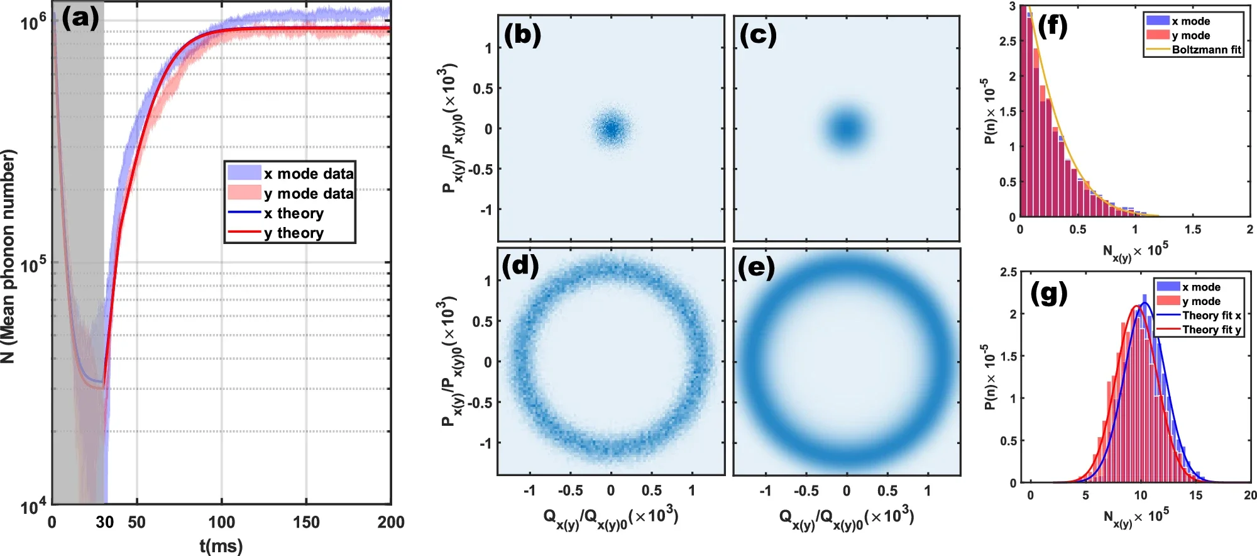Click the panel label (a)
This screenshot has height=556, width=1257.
[x=80, y=19]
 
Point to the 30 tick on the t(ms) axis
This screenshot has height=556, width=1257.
[x=104, y=522]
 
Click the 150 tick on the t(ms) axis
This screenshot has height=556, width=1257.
[x=306, y=522]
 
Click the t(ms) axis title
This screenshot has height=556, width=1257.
[x=221, y=545]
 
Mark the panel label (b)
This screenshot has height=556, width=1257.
[x=522, y=35]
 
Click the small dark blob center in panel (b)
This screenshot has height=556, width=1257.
[x=611, y=128]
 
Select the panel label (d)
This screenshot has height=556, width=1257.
[x=520, y=267]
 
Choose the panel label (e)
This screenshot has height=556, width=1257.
[x=756, y=267]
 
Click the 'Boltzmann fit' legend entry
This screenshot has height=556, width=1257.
[x=1206, y=50]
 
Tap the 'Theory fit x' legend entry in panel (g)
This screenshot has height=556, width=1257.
[x=1211, y=315]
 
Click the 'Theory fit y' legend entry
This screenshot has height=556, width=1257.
[x=1211, y=330]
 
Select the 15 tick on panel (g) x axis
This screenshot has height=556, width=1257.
[x=1195, y=496]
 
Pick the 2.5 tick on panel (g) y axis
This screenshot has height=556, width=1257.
[x=1008, y=272]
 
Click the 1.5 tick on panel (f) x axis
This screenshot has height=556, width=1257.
[x=1192, y=230]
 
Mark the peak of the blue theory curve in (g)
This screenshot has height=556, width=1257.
[x=1145, y=303]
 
